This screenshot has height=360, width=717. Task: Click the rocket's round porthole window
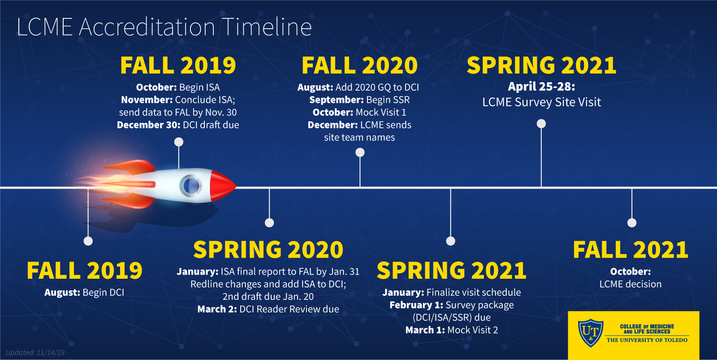pyautogui.click(x=191, y=186)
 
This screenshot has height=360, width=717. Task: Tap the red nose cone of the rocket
pyautogui.click(x=222, y=186)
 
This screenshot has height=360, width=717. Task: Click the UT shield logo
pyautogui.click(x=591, y=333)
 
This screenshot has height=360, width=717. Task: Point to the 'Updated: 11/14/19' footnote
pyautogui.click(x=35, y=353)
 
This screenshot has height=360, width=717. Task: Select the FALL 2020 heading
pyautogui.click(x=359, y=65)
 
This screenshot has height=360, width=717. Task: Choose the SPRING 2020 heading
pyautogui.click(x=268, y=250)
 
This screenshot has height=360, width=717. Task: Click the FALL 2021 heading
pyautogui.click(x=631, y=250)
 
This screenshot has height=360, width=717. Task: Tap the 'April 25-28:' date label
pyautogui.click(x=541, y=87)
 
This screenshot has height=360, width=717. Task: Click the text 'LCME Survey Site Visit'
pyautogui.click(x=542, y=102)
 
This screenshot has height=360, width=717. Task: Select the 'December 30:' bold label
pyautogui.click(x=148, y=125)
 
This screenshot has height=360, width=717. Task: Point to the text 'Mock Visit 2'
pyautogui.click(x=472, y=330)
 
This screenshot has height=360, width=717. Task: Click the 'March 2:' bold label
pyautogui.click(x=217, y=309)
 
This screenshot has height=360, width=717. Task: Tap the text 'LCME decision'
pyautogui.click(x=630, y=284)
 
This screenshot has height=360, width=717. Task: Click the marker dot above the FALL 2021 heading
pyautogui.click(x=632, y=223)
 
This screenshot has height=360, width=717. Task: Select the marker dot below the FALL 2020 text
pyautogui.click(x=360, y=152)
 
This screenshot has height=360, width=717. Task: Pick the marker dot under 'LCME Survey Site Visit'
pyautogui.click(x=541, y=124)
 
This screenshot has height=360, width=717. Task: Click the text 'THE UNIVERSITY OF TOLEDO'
pyautogui.click(x=647, y=340)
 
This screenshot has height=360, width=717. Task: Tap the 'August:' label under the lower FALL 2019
pyautogui.click(x=62, y=292)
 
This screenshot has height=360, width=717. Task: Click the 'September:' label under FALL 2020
pyautogui.click(x=337, y=100)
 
